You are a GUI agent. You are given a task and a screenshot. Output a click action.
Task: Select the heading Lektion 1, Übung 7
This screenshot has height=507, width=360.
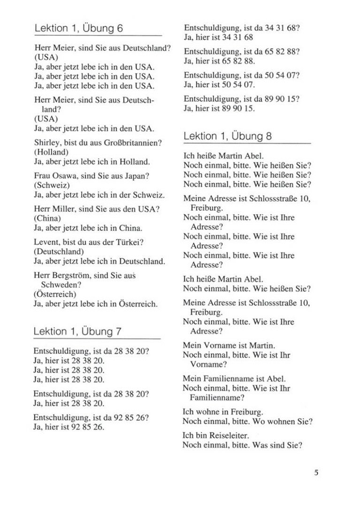[78, 331]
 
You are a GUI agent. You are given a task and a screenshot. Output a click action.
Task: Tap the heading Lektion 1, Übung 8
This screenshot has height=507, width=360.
[228, 136]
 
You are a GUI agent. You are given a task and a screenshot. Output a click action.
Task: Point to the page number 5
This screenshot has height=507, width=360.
[316, 472]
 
